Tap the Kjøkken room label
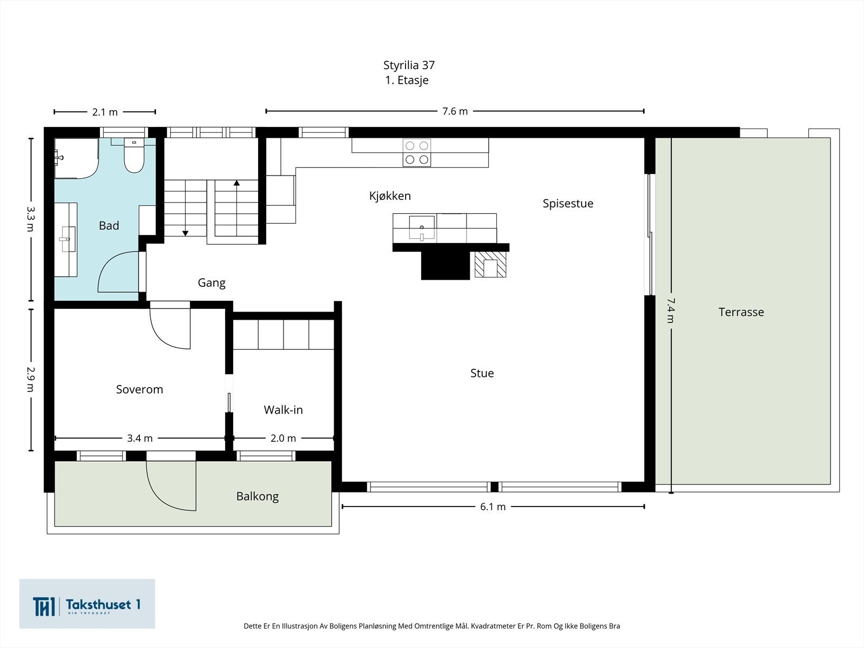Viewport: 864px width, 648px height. [x=390, y=196]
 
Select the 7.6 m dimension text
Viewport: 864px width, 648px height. [x=455, y=111]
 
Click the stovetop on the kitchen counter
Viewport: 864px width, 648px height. [x=417, y=153]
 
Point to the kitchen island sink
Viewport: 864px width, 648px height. [x=422, y=228]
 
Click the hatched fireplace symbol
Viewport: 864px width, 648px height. [x=490, y=265]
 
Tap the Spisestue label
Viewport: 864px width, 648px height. [x=568, y=204]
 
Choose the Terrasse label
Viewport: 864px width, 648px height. [x=741, y=312]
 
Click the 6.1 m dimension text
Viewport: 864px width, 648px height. [x=493, y=507]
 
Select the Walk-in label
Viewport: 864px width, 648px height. [x=283, y=410]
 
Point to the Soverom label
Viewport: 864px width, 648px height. [x=139, y=389]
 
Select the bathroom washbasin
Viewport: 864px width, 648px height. [x=67, y=239]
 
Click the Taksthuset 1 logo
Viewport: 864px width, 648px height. [x=87, y=604]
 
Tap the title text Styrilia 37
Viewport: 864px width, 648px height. [x=409, y=65]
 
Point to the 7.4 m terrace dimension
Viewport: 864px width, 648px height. [x=671, y=310]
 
